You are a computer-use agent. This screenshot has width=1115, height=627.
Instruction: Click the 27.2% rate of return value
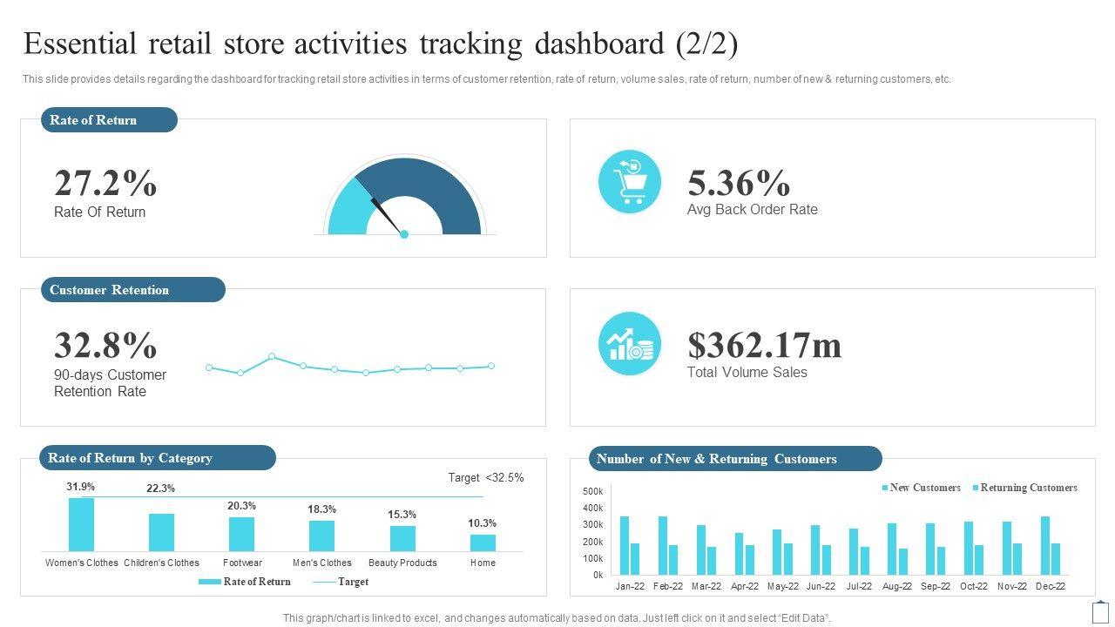point(105,184)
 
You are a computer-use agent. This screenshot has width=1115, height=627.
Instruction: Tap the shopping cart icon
point(630,181)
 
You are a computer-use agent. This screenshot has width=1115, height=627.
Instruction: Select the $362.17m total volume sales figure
point(765,345)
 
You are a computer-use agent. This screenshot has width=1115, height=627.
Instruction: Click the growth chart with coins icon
point(630,343)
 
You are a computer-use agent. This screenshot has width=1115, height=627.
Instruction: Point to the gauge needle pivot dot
point(404,234)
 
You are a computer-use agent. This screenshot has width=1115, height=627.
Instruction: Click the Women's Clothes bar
point(81,524)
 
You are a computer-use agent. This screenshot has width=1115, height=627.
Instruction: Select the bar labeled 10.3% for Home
point(483,543)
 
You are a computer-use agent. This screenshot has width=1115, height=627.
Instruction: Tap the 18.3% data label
point(321,509)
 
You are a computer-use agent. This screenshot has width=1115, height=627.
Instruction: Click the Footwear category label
point(242,563)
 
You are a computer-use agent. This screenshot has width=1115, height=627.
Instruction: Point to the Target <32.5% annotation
point(486,478)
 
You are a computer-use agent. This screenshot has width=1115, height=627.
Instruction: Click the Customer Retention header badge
point(132,290)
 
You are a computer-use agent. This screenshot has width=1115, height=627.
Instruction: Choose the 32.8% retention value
point(105,346)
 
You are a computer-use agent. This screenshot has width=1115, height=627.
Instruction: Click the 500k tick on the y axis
point(592,491)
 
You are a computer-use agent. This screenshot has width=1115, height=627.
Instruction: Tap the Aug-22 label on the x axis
point(897,586)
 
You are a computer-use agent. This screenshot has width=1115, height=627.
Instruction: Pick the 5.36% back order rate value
point(739,184)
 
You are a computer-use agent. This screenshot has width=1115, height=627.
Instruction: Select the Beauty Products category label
point(402,563)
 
